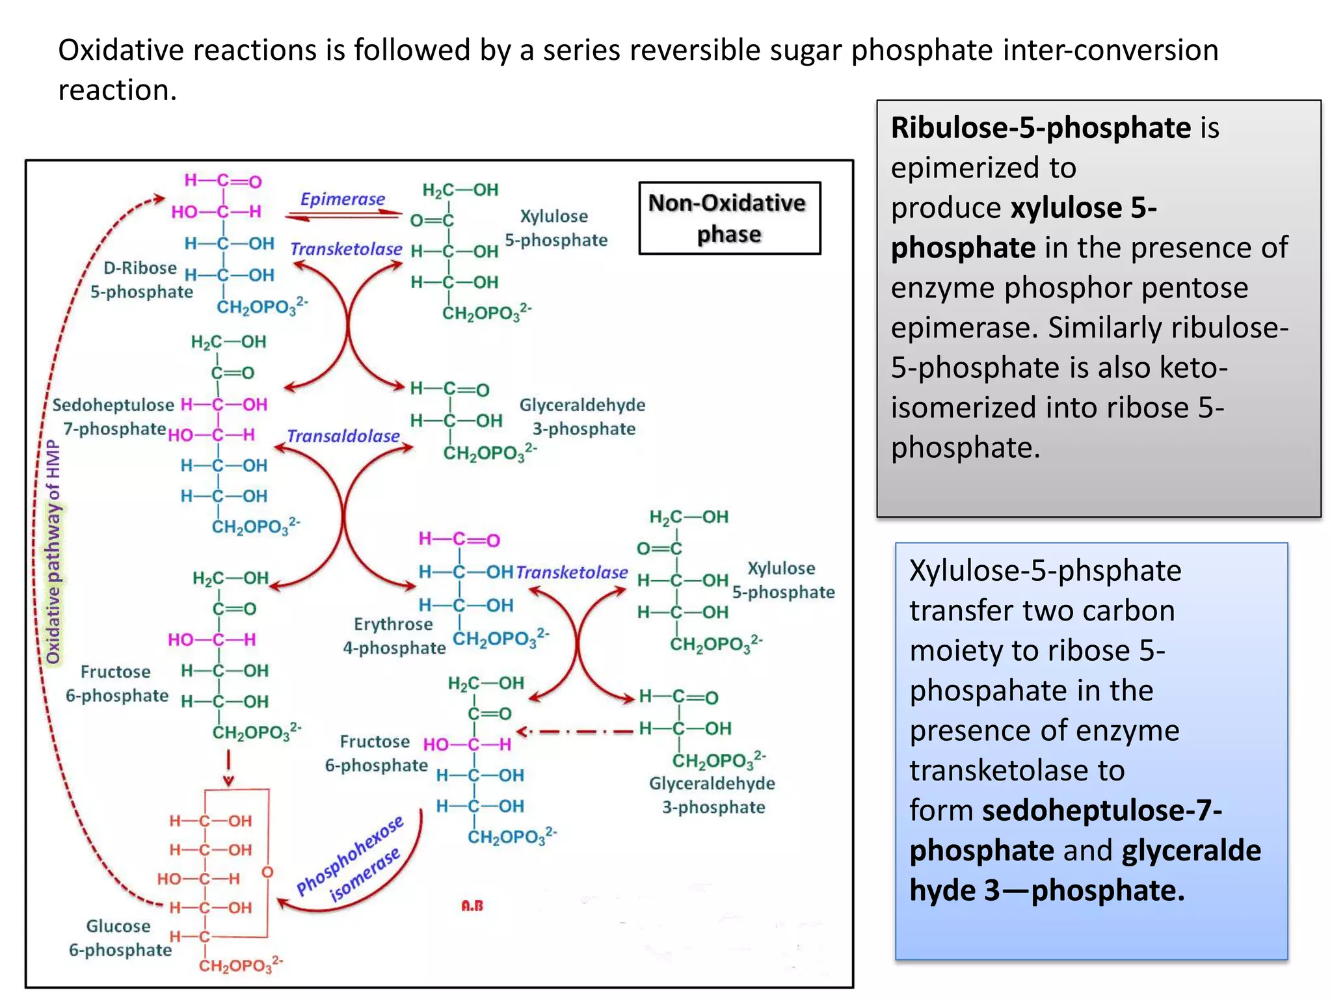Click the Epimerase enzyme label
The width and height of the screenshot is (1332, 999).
pos(342,199)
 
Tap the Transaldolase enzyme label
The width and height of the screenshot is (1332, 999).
pos(343,436)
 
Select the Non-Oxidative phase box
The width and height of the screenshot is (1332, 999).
pos(729,218)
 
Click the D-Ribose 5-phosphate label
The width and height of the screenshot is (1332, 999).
pos(141,280)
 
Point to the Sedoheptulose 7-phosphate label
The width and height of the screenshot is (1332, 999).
pos(114,417)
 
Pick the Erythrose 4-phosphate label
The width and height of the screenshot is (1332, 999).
pos(394,636)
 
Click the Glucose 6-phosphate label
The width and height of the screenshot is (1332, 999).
pos(120,938)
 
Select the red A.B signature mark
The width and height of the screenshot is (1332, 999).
pos(472,905)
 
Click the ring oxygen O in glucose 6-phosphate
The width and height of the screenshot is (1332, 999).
pos(267,872)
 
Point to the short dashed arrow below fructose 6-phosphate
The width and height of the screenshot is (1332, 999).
pos(228,768)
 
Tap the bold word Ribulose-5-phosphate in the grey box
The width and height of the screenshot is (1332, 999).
pos(1041,127)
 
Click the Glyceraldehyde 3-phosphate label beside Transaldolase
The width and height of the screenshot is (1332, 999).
pos(583,417)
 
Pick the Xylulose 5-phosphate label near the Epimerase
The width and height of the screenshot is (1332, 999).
pos(556,228)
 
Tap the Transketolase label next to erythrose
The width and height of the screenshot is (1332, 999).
pos(572,572)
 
